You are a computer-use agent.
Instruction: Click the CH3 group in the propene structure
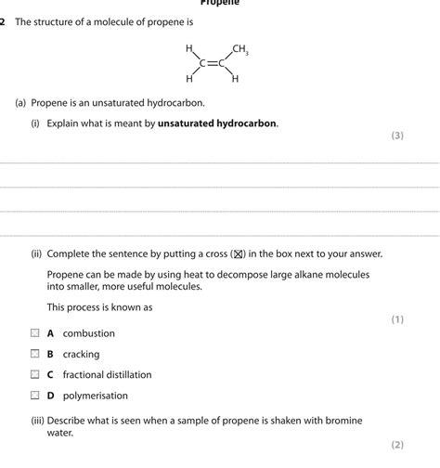239,49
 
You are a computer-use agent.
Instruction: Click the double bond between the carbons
212,63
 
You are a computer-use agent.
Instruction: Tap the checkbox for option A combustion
34,332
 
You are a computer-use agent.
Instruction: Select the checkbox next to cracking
34,354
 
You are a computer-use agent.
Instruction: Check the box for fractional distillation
34,375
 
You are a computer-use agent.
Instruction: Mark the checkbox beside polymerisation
34,396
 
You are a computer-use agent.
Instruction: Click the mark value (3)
397,136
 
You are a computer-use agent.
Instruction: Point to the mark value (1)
397,319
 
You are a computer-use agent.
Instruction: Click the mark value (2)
397,445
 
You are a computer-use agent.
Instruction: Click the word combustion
89,333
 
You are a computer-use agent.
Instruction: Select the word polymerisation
95,396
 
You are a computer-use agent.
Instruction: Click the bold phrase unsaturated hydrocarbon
217,123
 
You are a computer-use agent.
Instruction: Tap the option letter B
51,354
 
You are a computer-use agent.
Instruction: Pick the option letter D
51,396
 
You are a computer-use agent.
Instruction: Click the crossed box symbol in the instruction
238,253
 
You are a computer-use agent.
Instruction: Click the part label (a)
20,103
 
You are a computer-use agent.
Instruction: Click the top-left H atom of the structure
189,48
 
